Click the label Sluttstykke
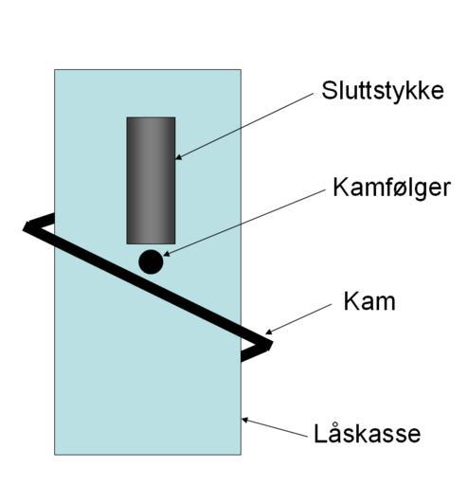pos(383,92)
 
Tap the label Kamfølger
pos(391,188)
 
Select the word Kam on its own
pos(369,301)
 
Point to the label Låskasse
pos(368,433)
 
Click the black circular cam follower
pos(151,261)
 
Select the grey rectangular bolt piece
pos(151,180)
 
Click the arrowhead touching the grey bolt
pos(179,157)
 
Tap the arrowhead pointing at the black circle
pos(167,253)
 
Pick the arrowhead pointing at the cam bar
pos(268,332)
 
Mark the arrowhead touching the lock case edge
pos(245,420)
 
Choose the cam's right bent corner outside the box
pos(268,345)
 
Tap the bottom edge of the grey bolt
pos(151,243)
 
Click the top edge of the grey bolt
pos(151,117)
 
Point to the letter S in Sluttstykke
pos(329,91)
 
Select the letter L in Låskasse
pos(320,434)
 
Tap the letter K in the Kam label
pos(351,301)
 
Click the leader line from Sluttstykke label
pos(244,126)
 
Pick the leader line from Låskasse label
pos(275,428)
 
